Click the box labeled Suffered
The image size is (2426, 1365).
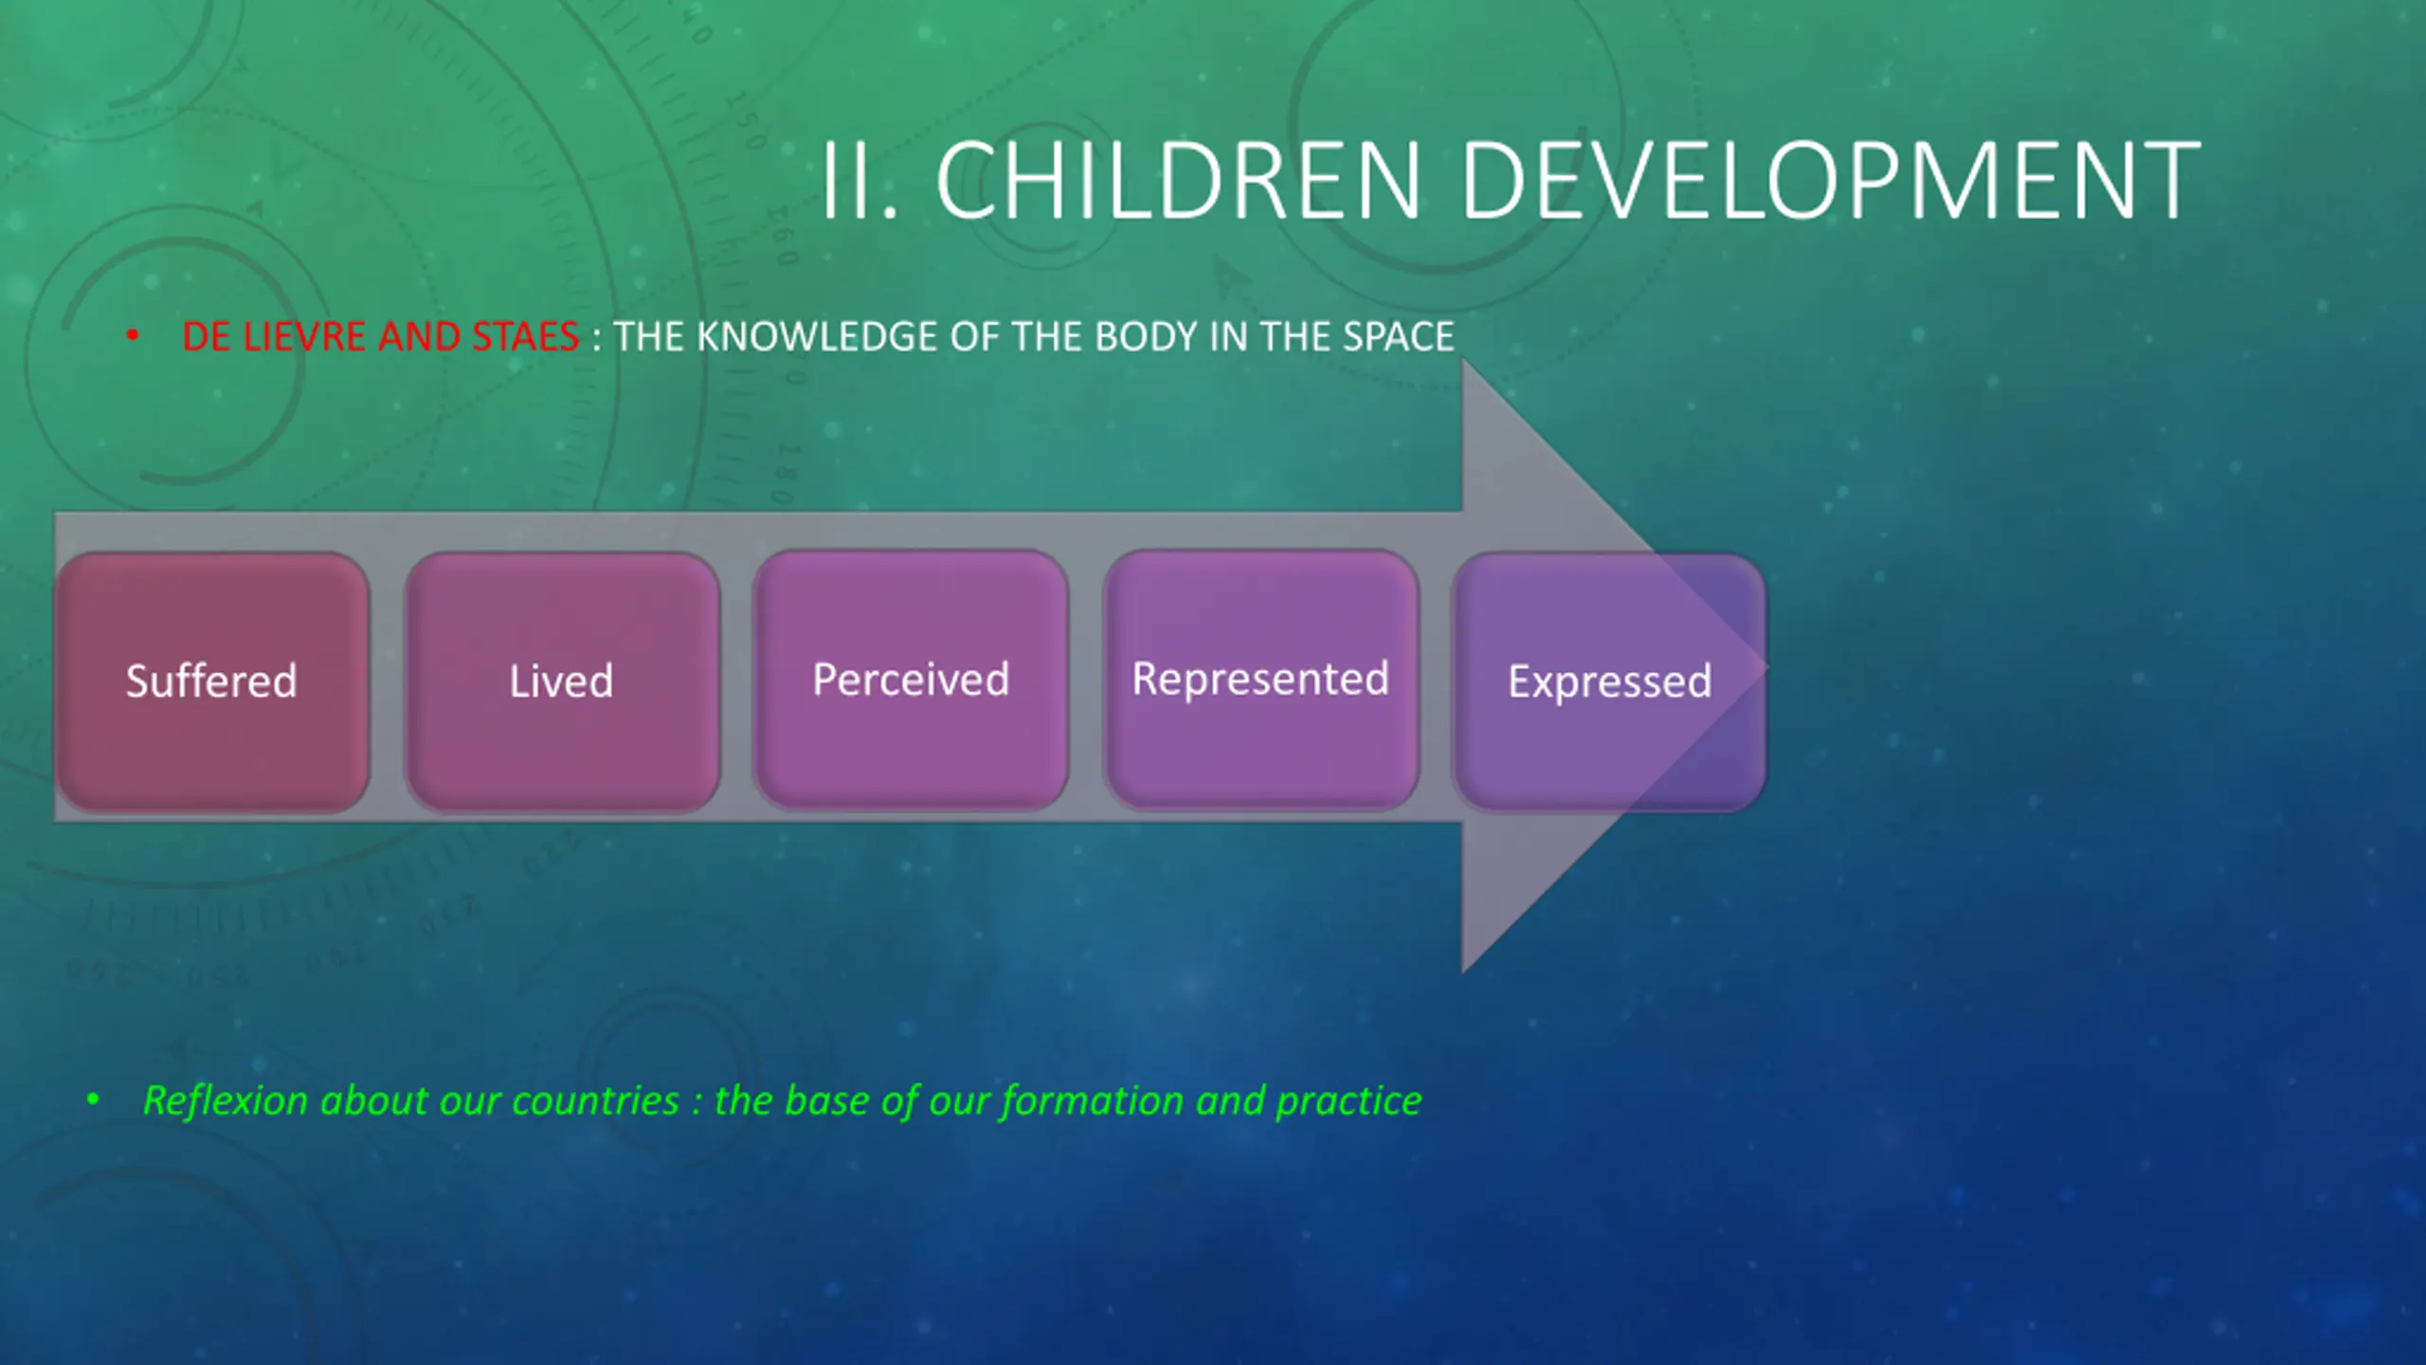coord(212,682)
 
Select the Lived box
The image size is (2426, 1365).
coord(562,682)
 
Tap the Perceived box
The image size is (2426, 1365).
coord(911,680)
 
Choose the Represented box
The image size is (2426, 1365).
coord(1260,680)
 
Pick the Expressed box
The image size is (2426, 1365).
coord(1609,682)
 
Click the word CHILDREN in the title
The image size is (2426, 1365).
coord(1179,180)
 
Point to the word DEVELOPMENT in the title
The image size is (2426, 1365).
coord(1831,180)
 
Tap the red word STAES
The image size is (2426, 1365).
coord(525,337)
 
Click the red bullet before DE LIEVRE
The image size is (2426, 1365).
coord(133,336)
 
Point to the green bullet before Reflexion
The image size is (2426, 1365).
coord(93,1100)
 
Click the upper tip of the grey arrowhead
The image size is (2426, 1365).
coord(1463,359)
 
